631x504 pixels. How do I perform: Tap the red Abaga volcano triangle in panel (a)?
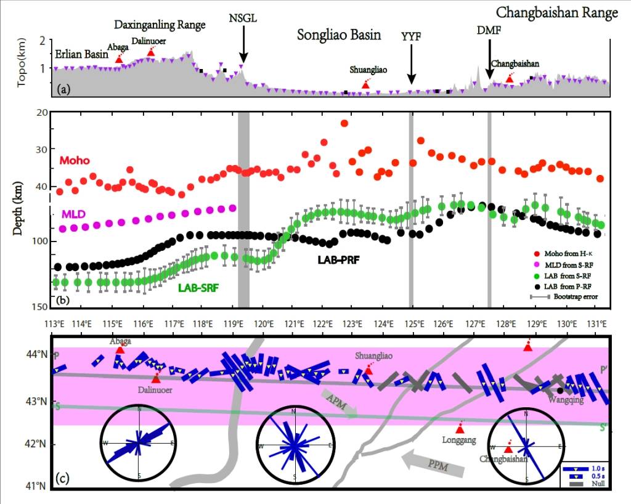[x=119, y=59]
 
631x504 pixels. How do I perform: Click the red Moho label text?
[x=74, y=161]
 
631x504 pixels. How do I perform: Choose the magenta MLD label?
[x=73, y=214]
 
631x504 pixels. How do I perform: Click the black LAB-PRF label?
[x=338, y=260]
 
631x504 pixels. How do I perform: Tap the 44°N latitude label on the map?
[x=39, y=354]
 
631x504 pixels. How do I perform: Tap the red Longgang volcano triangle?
[x=460, y=429]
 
